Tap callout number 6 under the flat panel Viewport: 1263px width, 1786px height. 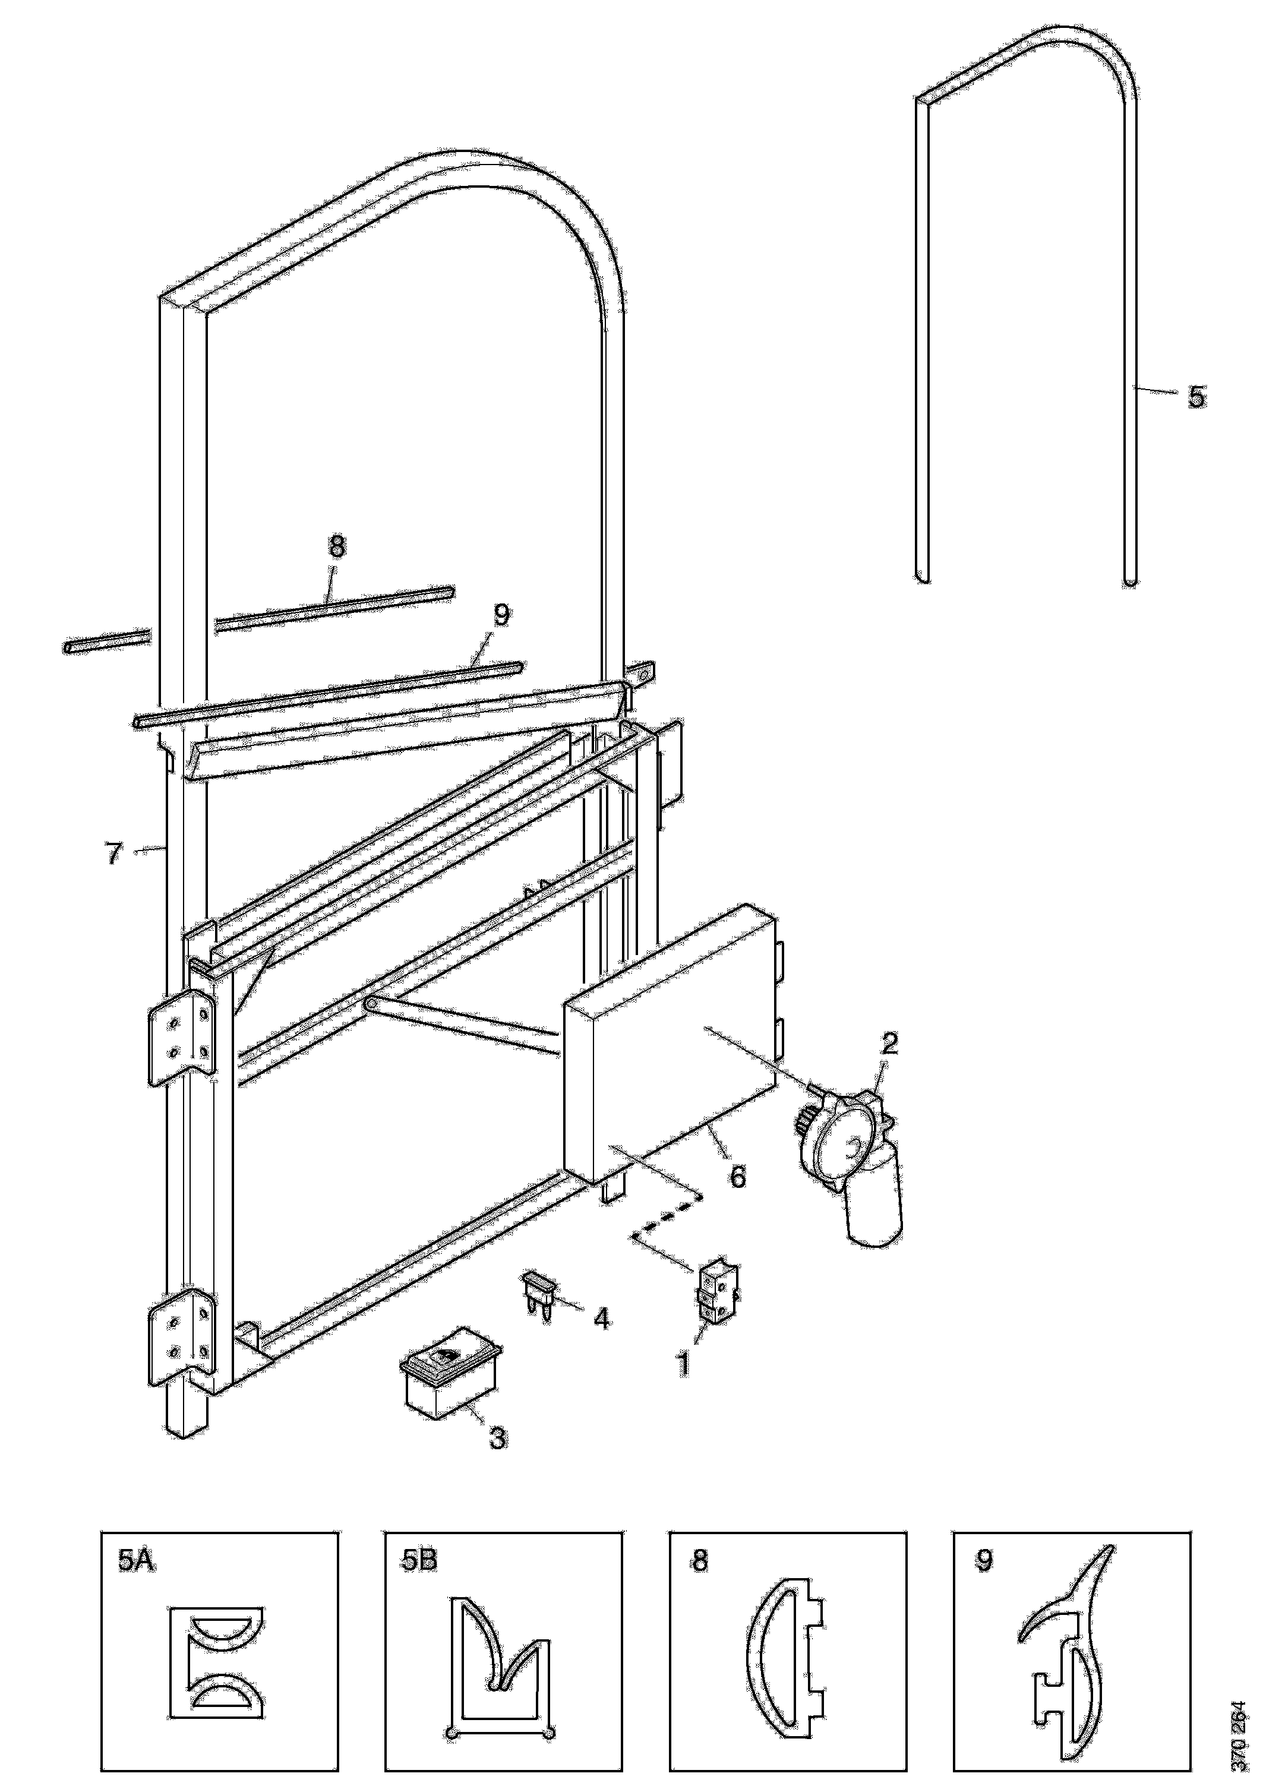pos(736,1175)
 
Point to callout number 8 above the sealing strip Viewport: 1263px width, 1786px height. pos(336,546)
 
